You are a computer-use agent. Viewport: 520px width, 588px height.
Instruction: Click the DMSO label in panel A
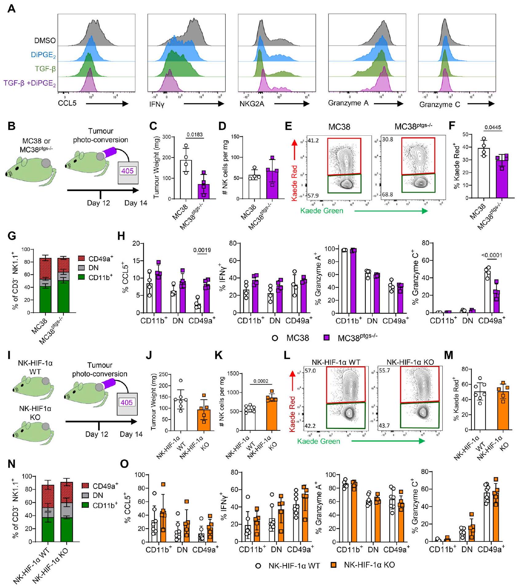click(45, 41)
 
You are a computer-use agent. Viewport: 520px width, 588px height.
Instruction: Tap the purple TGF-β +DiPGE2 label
click(30, 83)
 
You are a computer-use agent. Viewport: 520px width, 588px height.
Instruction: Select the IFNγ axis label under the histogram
click(157, 105)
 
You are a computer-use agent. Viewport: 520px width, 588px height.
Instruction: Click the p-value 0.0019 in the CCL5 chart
click(202, 250)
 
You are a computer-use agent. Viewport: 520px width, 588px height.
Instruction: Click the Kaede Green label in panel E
click(322, 211)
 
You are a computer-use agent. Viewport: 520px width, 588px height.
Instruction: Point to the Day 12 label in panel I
click(97, 434)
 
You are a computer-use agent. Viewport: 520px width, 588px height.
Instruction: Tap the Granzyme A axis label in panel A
click(348, 103)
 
